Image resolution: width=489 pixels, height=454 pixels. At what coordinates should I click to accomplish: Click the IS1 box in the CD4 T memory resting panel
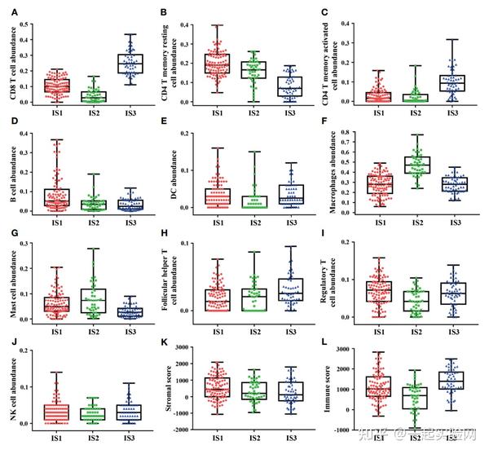coord(217,64)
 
